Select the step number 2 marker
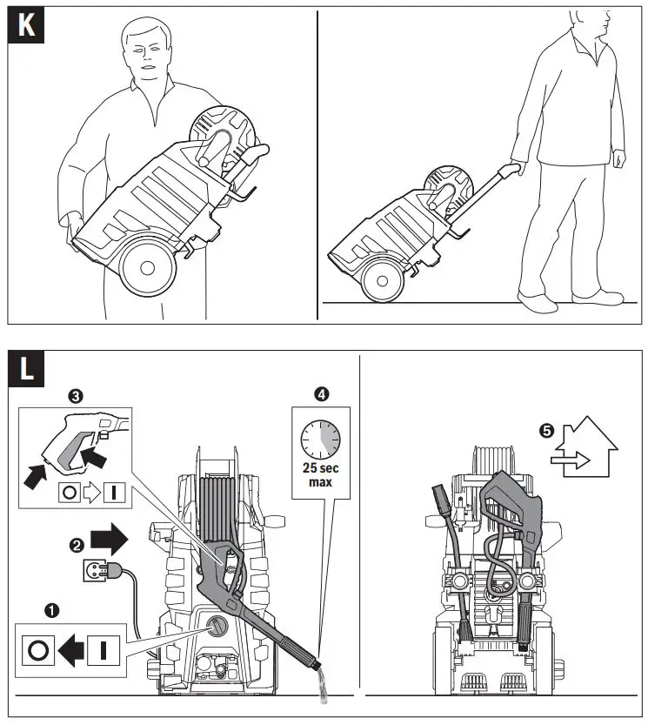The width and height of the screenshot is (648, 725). click(x=77, y=545)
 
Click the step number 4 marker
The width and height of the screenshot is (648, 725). click(x=323, y=394)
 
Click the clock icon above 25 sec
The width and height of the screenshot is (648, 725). click(x=322, y=438)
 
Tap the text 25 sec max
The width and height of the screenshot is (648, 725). click(x=322, y=475)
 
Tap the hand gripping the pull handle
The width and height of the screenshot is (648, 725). click(x=517, y=169)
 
